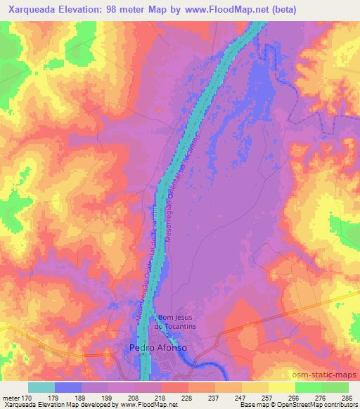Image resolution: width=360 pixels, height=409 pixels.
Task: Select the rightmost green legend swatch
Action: point(335,387)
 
